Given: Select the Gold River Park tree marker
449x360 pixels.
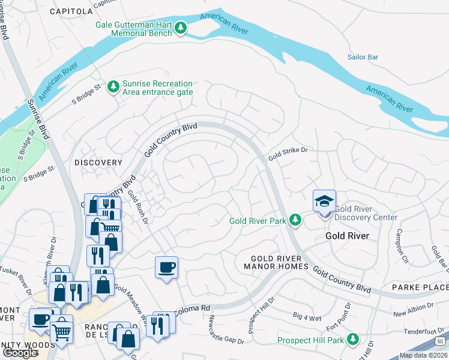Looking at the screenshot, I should coord(295,220).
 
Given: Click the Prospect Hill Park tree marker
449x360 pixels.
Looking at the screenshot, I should coord(353,340).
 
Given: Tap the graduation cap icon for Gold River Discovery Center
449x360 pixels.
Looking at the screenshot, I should coord(324,201).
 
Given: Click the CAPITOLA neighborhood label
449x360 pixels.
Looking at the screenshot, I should coord(71,11).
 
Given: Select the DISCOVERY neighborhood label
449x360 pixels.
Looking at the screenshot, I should coord(98,163).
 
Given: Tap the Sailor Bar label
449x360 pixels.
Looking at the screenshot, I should coord(363,57).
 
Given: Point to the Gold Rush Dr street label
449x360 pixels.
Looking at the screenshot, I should coord(137,206).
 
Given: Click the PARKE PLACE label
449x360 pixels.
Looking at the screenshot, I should coord(420,287).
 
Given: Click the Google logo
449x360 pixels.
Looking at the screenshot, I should coord(20,353).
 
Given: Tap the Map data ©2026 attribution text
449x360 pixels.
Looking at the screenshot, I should coord(423,355).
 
